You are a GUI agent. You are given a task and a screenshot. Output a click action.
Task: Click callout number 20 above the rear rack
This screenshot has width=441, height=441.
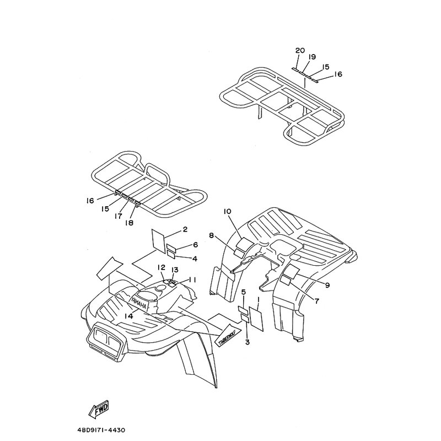300,51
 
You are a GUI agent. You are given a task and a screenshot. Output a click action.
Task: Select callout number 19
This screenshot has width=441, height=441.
312,57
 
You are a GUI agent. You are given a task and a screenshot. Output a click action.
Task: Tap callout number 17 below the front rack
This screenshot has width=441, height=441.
119,217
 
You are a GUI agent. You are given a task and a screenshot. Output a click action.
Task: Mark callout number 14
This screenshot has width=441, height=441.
128,316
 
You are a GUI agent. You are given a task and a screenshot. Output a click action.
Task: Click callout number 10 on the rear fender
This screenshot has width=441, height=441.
227,212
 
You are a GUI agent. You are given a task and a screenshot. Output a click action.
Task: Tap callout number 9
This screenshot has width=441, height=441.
327,285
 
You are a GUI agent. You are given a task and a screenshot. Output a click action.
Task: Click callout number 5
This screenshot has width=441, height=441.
243,292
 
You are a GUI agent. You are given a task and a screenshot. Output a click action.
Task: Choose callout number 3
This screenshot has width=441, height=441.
247,342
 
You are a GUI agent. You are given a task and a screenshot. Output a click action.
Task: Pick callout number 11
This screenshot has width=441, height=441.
192,280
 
